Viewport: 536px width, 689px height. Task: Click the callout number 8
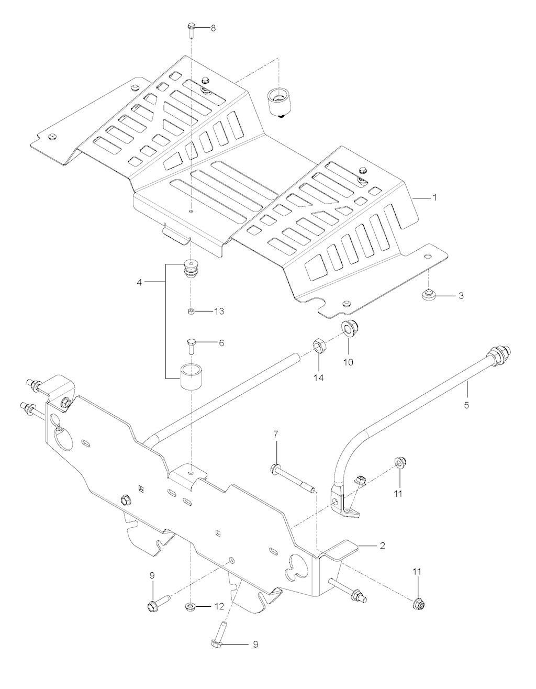coord(213,28)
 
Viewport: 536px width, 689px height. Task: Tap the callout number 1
coord(434,198)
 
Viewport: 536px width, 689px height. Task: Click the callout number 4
coord(139,283)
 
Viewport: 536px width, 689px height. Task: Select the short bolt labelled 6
coord(191,345)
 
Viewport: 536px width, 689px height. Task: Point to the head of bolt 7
coord(275,468)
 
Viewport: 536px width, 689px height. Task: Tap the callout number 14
coord(318,376)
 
